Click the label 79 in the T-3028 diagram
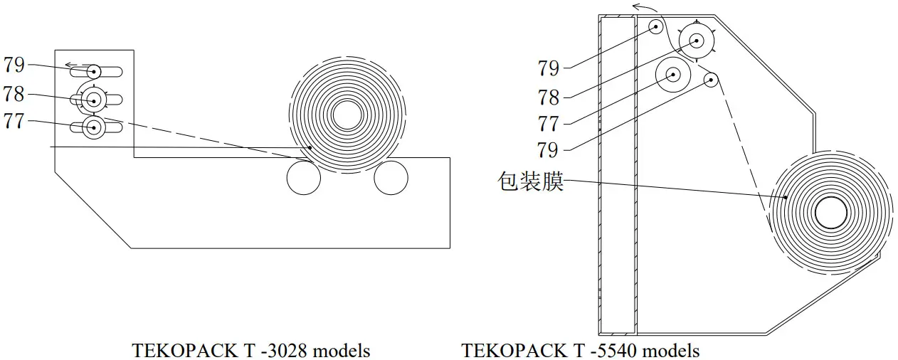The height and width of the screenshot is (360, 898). tap(14, 65)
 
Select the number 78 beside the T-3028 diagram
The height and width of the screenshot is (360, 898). tap(14, 94)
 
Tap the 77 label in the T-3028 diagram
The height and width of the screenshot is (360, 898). tap(14, 122)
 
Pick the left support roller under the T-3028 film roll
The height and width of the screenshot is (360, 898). tap(304, 177)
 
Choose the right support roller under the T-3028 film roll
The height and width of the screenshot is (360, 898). tap(391, 177)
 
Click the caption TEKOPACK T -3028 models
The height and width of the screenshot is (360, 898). tap(250, 351)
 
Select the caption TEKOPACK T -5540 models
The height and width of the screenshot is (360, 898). tap(580, 351)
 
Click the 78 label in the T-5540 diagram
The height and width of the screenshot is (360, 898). tap(548, 96)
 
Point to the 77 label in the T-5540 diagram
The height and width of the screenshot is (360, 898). tap(548, 124)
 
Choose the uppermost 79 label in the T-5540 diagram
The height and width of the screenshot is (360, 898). tap(548, 68)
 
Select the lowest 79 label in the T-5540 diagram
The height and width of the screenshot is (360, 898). tap(548, 150)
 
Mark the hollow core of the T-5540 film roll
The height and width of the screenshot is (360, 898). tap(831, 212)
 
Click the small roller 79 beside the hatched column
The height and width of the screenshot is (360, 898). tap(655, 26)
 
